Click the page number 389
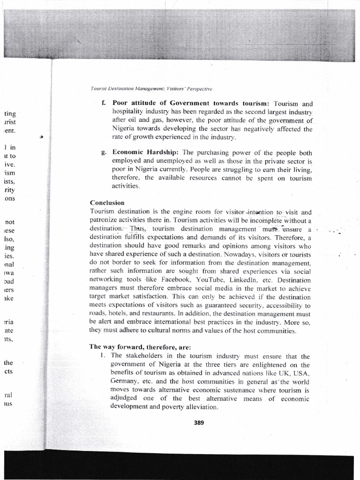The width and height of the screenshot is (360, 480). pos(199,422)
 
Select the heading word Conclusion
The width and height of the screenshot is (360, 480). pos(107,203)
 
